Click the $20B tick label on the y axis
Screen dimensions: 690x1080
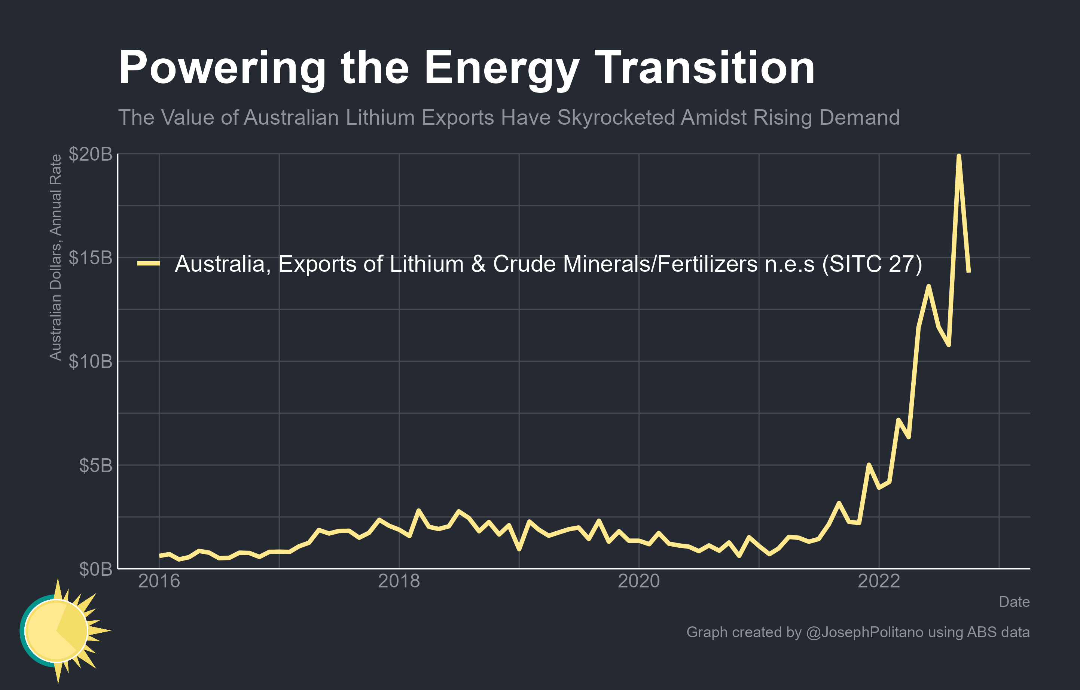(x=90, y=154)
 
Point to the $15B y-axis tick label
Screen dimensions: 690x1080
(x=90, y=258)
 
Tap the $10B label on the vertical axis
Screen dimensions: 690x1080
(x=90, y=362)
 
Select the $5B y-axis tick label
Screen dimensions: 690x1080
(x=95, y=466)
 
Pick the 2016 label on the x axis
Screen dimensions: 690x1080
(x=159, y=581)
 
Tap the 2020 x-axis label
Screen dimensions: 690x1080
(x=639, y=581)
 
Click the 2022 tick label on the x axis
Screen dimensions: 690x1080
(x=879, y=581)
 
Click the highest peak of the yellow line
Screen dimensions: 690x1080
(x=958, y=156)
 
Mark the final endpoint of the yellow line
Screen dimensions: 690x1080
(x=969, y=271)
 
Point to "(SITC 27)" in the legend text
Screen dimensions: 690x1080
(x=872, y=264)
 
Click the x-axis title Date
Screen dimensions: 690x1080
(x=1014, y=602)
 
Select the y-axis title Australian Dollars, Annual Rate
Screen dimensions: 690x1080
(x=56, y=258)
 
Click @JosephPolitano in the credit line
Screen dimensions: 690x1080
(x=864, y=632)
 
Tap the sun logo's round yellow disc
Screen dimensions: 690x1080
(x=56, y=631)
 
